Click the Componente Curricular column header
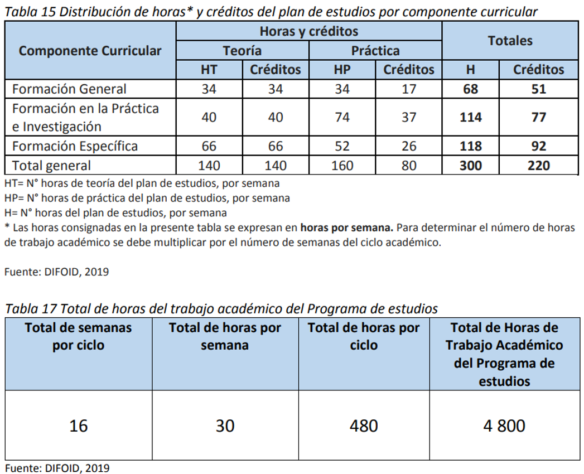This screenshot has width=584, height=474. [90, 51]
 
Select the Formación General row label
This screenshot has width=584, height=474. [69, 89]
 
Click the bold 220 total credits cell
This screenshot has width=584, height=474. [538, 166]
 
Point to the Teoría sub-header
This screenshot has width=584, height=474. [242, 51]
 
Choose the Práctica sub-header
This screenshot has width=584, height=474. [375, 51]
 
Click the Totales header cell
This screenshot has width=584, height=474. [510, 41]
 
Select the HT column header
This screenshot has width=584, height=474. [209, 70]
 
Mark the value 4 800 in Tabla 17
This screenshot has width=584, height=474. [504, 426]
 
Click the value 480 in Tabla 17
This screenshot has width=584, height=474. [364, 426]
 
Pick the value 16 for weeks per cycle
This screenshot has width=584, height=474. [79, 426]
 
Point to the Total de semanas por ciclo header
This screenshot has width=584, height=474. [79, 336]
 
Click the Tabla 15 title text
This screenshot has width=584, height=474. [271, 12]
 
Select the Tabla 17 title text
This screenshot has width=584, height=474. [221, 308]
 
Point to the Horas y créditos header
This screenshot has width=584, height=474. [308, 31]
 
